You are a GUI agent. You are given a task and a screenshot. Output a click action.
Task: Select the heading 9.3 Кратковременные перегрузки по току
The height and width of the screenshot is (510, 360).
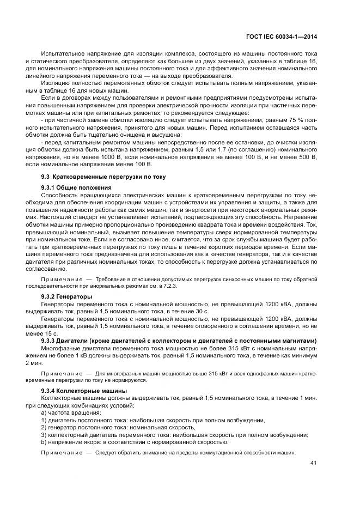pyautogui.click(x=103, y=177)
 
